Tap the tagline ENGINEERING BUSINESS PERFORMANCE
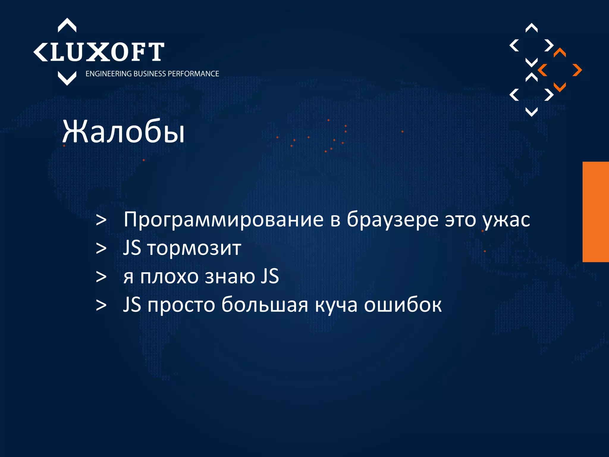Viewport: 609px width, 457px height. (152, 74)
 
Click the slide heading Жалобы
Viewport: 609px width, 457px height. (123, 132)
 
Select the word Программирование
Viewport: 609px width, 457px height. (223, 220)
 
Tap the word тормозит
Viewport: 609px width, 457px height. (194, 248)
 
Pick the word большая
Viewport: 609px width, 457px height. (265, 305)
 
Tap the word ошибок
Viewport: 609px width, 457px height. (403, 305)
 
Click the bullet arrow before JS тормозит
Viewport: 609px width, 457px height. (101, 248)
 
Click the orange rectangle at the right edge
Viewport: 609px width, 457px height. (596, 212)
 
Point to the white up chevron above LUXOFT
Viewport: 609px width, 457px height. (67, 25)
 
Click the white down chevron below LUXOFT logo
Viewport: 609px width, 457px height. (67, 78)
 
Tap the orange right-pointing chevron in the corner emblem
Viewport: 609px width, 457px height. (577, 70)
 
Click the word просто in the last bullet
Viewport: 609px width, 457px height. (181, 305)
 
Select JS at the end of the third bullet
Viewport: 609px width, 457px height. (270, 276)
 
